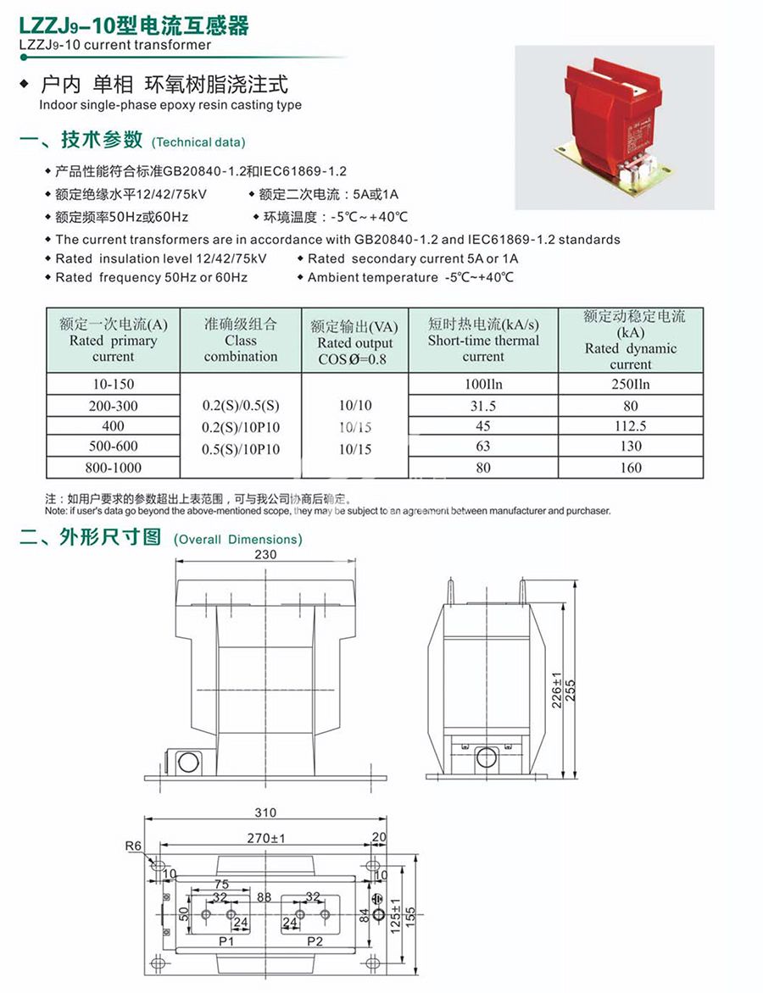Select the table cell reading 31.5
[x=482, y=406]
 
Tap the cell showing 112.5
[x=631, y=426]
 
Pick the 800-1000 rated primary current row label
[x=114, y=468]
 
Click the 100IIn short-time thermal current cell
[x=482, y=385]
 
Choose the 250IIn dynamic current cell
[x=631, y=385]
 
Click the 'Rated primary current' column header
[x=114, y=340]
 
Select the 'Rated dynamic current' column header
[x=631, y=340]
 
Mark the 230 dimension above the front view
[x=265, y=555]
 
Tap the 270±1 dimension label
[x=265, y=838]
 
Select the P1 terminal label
[x=226, y=941]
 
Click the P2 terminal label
[x=315, y=941]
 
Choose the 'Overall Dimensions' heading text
[x=238, y=540]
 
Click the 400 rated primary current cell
[x=114, y=426]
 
